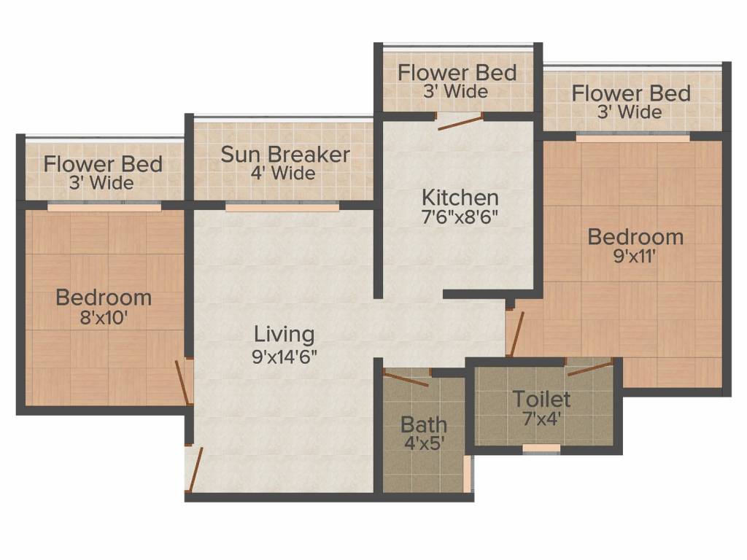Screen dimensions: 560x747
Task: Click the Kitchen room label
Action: (x=460, y=198)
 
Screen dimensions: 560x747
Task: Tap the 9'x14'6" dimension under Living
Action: (x=285, y=357)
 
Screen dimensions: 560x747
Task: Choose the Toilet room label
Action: (x=541, y=399)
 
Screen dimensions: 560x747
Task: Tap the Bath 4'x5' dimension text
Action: (x=424, y=442)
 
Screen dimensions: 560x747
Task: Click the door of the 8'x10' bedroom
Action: (x=183, y=382)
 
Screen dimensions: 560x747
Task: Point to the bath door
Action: (x=406, y=377)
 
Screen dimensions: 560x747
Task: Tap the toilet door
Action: (x=590, y=368)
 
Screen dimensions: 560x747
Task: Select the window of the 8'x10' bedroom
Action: (x=104, y=207)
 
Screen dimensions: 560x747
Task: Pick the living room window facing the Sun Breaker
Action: (x=282, y=208)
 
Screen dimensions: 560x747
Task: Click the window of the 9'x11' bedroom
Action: (x=632, y=135)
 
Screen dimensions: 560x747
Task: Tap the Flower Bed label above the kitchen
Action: (x=457, y=73)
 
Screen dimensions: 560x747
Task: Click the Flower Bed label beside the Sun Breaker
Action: (x=102, y=164)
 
